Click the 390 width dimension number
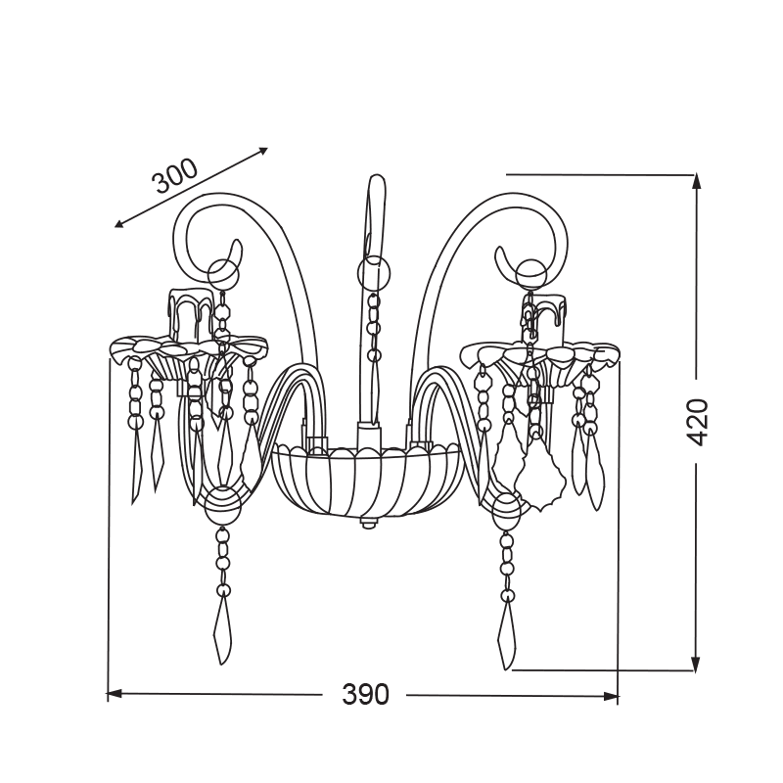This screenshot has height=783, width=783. [365, 695]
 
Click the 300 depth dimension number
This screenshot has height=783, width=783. [175, 177]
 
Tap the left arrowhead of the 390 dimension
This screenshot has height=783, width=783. [114, 694]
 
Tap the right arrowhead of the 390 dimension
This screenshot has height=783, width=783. [611, 696]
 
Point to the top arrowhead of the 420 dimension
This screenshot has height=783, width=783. [695, 182]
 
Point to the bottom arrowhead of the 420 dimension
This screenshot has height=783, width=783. [695, 663]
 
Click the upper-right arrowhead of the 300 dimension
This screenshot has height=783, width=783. [261, 152]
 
